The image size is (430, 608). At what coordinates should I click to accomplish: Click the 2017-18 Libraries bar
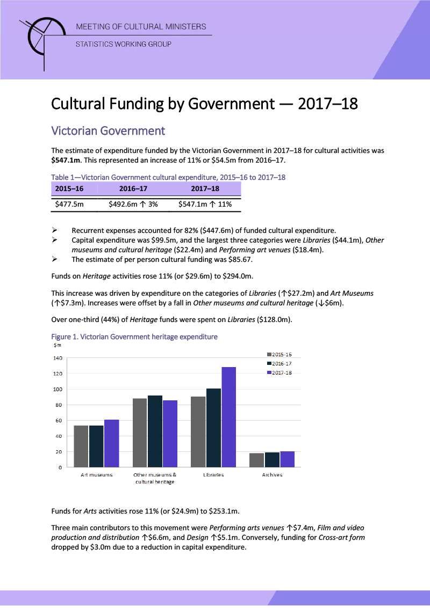[x=228, y=417]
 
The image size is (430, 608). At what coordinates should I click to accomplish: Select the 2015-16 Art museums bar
[x=81, y=446]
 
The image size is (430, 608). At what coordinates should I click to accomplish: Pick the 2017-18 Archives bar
[x=287, y=459]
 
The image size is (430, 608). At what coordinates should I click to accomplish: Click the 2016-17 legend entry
[x=279, y=364]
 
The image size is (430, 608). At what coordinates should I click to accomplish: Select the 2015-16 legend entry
[x=279, y=355]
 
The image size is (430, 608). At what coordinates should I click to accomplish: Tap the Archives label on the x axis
[x=272, y=475]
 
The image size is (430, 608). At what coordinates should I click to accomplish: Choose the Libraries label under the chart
[x=213, y=475]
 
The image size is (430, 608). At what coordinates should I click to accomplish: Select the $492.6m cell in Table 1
[x=133, y=204]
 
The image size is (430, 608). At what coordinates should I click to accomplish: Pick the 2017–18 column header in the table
[x=205, y=189]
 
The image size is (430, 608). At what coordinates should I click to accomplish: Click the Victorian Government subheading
[x=107, y=131]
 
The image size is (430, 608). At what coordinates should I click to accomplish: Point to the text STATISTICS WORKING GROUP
[x=123, y=44]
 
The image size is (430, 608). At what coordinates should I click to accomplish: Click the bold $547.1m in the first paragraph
[x=66, y=160]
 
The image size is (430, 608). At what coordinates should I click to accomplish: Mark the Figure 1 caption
[x=134, y=337]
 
